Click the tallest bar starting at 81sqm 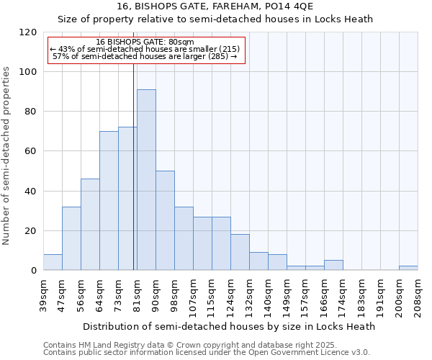(x=146, y=180)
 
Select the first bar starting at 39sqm (x=53, y=263)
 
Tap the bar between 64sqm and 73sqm (x=109, y=201)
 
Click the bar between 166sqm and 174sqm (x=333, y=266)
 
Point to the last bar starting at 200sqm (x=408, y=269)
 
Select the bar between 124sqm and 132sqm (x=240, y=252)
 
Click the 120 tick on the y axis (x=28, y=32)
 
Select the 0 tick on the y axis (x=33, y=271)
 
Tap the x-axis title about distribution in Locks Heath (x=229, y=326)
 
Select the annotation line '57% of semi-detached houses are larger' (x=145, y=56)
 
